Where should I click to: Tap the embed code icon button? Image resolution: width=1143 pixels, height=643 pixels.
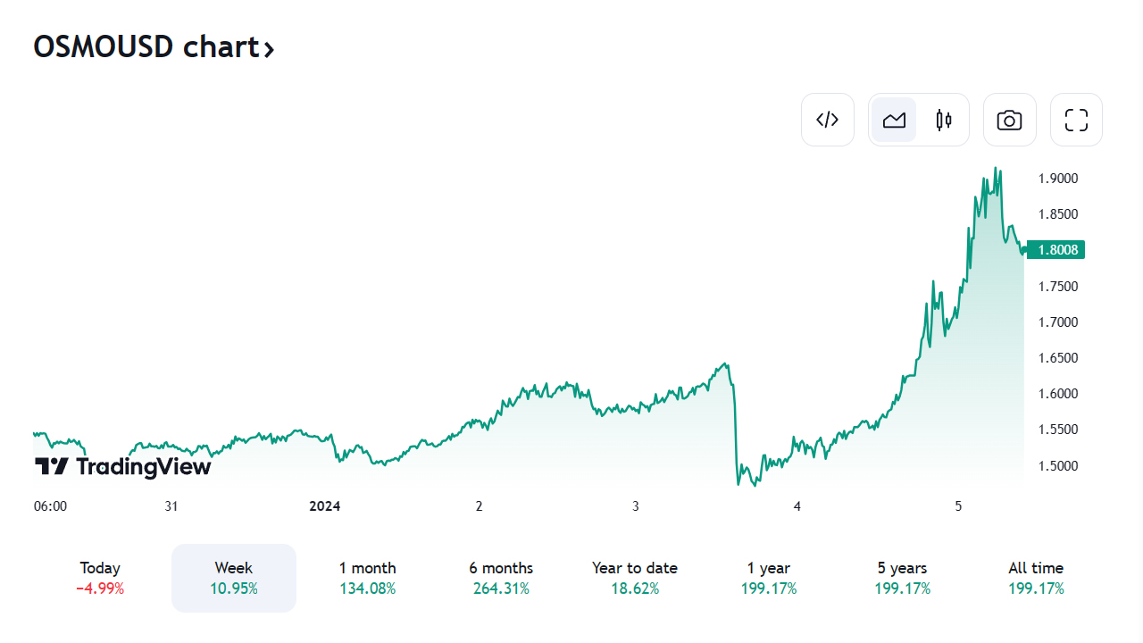click(828, 120)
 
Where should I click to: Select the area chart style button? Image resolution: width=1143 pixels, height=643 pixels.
click(894, 120)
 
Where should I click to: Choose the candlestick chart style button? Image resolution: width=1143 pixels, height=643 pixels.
click(944, 120)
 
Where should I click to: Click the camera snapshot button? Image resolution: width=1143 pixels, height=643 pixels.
click(1009, 120)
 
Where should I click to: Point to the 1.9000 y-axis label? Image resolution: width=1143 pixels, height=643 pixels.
click(1058, 179)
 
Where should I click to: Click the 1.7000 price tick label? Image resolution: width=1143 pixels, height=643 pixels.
click(1058, 322)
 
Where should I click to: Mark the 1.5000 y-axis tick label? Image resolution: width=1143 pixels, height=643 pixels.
click(1058, 466)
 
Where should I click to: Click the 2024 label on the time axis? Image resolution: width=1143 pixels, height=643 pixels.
click(325, 506)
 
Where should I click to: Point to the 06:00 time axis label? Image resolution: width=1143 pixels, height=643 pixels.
click(50, 506)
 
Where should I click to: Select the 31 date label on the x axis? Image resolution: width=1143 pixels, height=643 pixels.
click(171, 506)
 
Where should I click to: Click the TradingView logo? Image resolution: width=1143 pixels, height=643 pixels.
click(123, 466)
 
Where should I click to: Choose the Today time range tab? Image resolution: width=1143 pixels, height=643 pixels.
click(100, 577)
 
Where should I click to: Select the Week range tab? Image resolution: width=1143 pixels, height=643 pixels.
click(233, 577)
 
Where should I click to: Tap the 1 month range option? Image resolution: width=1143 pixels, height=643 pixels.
click(367, 577)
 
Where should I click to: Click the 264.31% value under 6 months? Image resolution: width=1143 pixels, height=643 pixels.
click(501, 589)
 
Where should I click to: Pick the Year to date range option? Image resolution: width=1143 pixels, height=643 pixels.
click(634, 577)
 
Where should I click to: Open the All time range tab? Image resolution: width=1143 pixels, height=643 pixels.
click(1036, 577)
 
